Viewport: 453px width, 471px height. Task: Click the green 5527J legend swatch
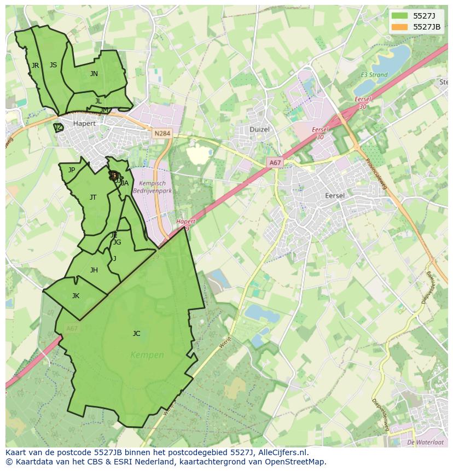point(399,16)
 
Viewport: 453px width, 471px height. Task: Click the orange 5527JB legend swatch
point(399,27)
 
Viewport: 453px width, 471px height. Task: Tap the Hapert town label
point(84,124)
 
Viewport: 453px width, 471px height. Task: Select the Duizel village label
point(260,130)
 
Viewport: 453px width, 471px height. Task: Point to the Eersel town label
point(335,196)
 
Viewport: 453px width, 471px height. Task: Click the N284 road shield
point(162,133)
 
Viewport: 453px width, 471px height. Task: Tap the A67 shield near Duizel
point(275,162)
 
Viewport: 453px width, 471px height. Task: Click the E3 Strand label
point(374,75)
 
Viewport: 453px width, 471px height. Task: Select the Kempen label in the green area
point(147,355)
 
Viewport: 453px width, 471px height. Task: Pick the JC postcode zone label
point(136,334)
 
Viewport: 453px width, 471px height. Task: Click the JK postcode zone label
point(75,296)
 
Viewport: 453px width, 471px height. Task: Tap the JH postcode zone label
point(94,270)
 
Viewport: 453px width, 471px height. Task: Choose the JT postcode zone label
point(93,197)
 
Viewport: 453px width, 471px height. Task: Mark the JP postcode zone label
point(72,170)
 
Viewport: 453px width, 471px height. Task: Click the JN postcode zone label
point(94,74)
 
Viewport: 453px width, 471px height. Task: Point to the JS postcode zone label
point(53,65)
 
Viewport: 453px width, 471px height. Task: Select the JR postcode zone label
point(36,66)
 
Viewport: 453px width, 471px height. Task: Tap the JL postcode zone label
point(98,101)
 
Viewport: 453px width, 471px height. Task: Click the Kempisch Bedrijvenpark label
point(155,188)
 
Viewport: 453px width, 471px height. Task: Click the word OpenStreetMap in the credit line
point(299,462)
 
